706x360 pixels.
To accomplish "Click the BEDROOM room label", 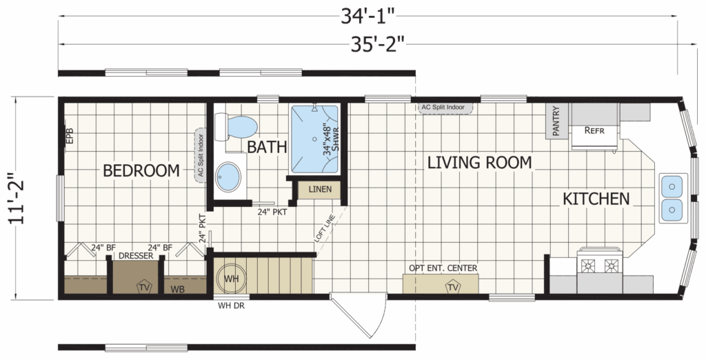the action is click(x=141, y=171).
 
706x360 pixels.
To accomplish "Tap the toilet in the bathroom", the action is click(x=236, y=127).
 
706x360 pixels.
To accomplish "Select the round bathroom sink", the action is click(x=228, y=177).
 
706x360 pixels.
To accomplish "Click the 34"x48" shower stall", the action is click(x=314, y=139).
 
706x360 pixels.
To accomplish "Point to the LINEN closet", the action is click(x=320, y=189).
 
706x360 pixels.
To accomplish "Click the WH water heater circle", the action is click(x=231, y=279).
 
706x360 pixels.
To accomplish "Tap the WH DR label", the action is click(x=231, y=306).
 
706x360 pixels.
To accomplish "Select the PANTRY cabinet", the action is click(x=556, y=121).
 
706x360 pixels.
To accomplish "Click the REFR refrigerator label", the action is click(x=594, y=130).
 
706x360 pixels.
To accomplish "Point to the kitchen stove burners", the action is click(x=599, y=266).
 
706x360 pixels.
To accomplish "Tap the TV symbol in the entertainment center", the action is click(x=453, y=287).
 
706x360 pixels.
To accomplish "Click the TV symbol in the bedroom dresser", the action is click(x=143, y=287).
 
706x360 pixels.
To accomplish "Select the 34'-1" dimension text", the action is click(x=367, y=17).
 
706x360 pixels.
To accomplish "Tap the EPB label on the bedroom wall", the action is click(x=70, y=137).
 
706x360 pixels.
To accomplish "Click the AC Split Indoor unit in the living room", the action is click(x=442, y=108).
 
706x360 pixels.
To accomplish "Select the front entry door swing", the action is click(x=360, y=315).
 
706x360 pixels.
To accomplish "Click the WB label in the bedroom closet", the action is click(x=177, y=289).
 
